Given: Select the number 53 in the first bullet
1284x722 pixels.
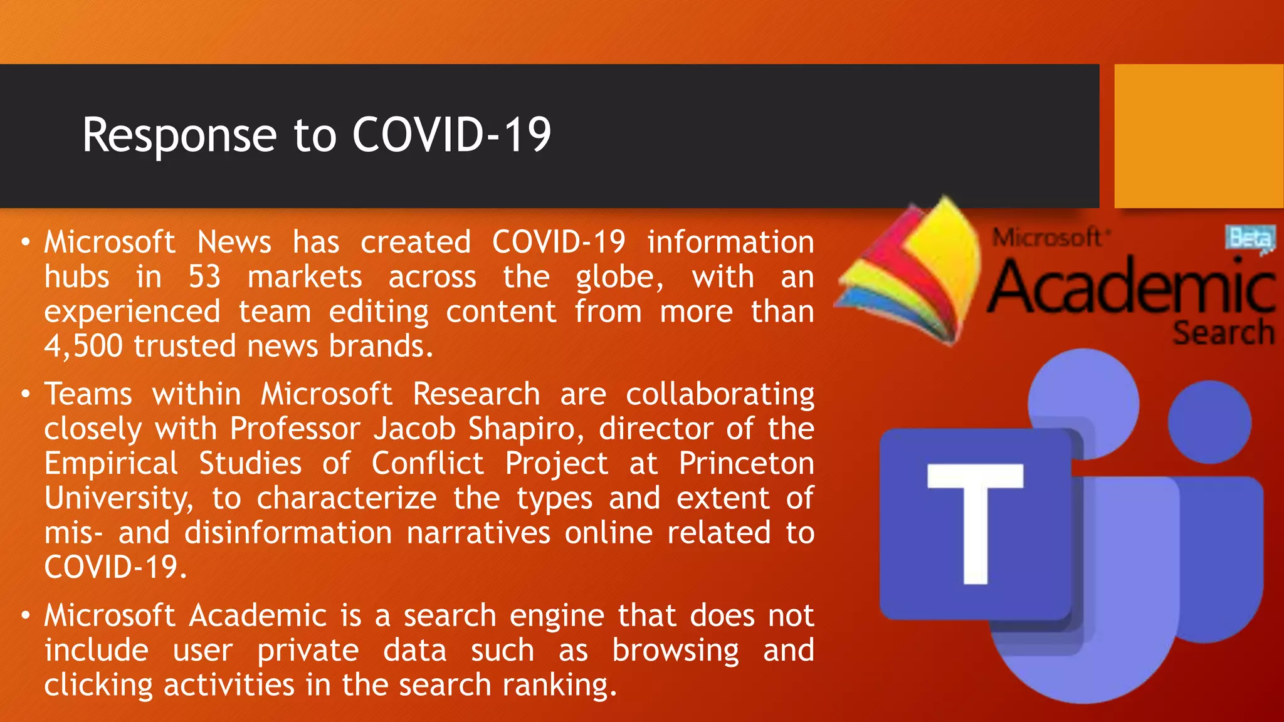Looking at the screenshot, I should tap(204, 277).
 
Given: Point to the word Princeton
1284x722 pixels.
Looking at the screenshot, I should tap(746, 464).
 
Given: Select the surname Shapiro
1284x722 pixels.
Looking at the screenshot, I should tap(525, 429).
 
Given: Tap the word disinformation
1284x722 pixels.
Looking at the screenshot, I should tap(288, 533).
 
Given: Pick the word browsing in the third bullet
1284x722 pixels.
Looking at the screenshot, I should tap(675, 651).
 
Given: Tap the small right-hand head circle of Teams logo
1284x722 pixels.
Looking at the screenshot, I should tap(1209, 422).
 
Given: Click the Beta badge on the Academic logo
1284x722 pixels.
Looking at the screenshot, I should tap(1250, 239).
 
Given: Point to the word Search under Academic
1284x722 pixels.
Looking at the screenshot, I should tap(1223, 333).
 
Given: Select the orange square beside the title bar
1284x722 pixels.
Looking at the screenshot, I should tap(1198, 135).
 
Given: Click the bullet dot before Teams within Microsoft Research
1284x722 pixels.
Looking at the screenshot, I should tap(25, 394).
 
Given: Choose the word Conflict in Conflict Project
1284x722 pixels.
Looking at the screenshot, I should tap(428, 464).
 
